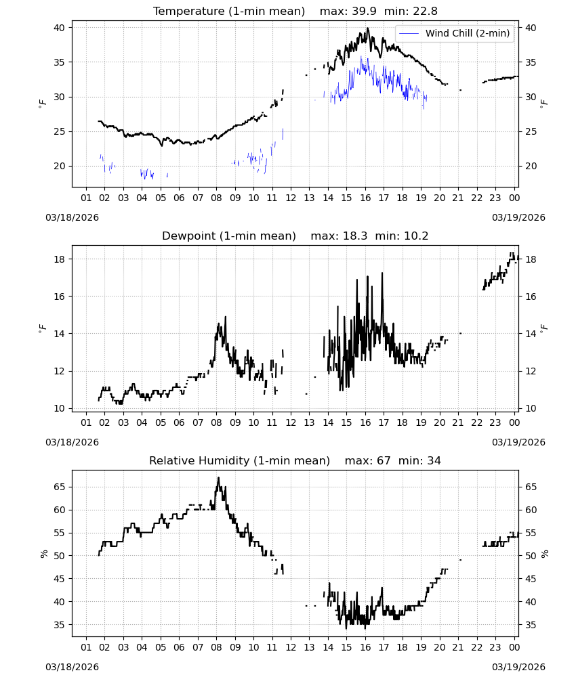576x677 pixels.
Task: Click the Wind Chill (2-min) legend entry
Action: [455, 33]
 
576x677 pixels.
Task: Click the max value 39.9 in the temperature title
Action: [364, 11]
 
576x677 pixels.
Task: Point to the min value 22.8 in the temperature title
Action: [425, 11]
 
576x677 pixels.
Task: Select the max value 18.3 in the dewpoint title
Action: [355, 236]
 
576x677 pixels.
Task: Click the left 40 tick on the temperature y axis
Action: [59, 28]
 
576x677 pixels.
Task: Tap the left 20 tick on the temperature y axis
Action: [59, 166]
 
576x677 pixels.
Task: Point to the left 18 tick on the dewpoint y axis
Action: [59, 259]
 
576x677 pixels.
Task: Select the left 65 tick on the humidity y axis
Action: [59, 487]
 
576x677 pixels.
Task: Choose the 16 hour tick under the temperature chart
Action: [365, 198]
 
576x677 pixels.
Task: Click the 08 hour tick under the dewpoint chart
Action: [216, 422]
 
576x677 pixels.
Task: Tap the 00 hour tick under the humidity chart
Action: [514, 648]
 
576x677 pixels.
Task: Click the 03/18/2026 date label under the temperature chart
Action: [72, 217]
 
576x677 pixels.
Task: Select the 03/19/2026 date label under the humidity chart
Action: [518, 667]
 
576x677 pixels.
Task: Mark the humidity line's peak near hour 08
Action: [219, 477]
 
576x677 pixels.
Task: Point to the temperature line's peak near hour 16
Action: [368, 28]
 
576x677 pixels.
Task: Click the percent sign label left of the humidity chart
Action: [43, 554]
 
